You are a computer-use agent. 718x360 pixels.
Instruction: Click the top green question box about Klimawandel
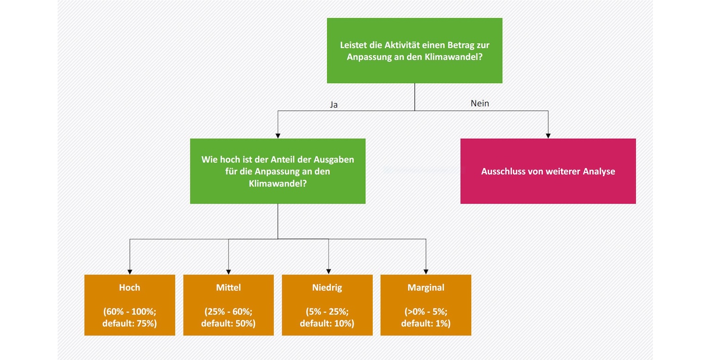click(415, 51)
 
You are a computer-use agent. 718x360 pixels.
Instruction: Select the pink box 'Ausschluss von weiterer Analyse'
click(548, 171)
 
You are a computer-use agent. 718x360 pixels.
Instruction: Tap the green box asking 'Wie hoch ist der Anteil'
click(277, 171)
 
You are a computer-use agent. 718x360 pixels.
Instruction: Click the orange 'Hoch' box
click(130, 305)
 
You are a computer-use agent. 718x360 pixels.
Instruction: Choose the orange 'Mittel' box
click(228, 305)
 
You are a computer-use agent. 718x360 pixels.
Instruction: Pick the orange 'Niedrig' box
click(327, 305)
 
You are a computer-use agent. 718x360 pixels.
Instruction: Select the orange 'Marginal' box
click(426, 305)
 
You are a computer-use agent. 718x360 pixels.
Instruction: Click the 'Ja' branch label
click(334, 105)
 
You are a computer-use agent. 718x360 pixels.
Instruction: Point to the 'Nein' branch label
click(480, 104)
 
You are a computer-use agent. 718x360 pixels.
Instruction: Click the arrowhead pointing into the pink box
click(548, 136)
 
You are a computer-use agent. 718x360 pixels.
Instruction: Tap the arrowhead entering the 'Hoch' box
click(130, 272)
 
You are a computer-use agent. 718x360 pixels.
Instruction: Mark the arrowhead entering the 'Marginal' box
click(426, 272)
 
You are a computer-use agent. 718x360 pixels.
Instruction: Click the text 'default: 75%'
click(130, 323)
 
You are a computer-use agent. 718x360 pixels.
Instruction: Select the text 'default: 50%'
click(228, 323)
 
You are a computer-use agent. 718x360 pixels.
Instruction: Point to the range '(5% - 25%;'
click(327, 311)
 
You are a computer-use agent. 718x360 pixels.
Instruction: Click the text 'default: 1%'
click(426, 323)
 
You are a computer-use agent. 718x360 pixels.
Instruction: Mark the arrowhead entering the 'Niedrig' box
click(329, 272)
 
